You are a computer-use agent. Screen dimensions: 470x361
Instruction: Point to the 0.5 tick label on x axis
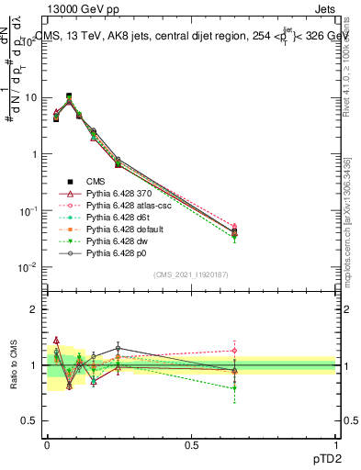pyautogui.click(x=191, y=444)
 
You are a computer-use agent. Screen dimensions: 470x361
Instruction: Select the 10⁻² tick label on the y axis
pyautogui.click(x=27, y=268)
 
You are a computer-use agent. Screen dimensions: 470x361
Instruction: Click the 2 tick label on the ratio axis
pyautogui.click(x=34, y=309)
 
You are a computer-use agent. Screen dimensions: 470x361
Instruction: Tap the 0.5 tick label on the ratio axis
pyautogui.click(x=29, y=421)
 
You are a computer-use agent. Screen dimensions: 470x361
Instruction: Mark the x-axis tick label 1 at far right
pyautogui.click(x=336, y=444)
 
